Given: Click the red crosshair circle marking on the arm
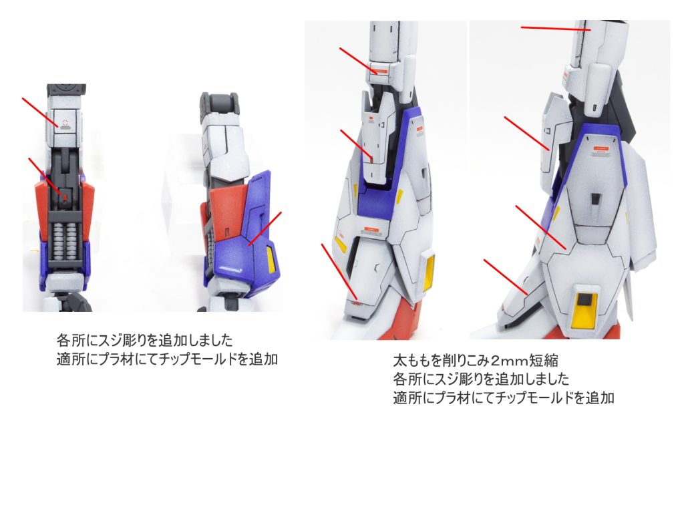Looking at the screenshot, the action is point(65,124).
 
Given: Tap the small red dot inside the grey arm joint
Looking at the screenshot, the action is point(65,197).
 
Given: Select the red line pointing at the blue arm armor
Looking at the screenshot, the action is point(265,229).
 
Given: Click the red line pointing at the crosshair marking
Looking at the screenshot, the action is point(40,113).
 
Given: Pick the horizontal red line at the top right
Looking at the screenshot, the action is point(556,28).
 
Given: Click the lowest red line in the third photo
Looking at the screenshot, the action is point(339,271).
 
